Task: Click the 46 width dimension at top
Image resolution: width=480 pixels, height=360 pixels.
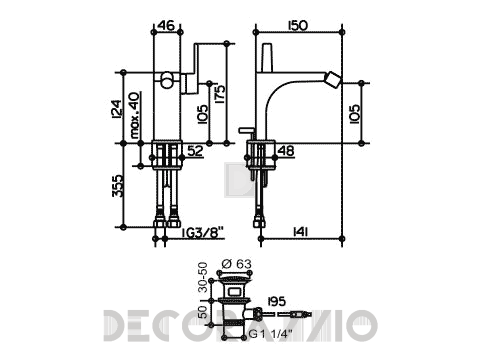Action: pos(166,25)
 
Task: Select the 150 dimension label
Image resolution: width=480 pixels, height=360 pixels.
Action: pos(298,25)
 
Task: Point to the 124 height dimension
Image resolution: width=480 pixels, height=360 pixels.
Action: pos(117,109)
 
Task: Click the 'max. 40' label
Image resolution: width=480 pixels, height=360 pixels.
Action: pos(135,115)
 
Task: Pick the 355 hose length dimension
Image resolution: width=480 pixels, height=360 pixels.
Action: pos(117,186)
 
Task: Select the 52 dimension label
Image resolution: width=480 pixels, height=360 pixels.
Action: pos(195,151)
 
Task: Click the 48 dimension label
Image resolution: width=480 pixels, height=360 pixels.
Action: pos(286,151)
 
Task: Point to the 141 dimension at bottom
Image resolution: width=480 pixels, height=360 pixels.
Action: pos(300,231)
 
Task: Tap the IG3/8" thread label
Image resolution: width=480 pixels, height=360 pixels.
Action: pos(202,232)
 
